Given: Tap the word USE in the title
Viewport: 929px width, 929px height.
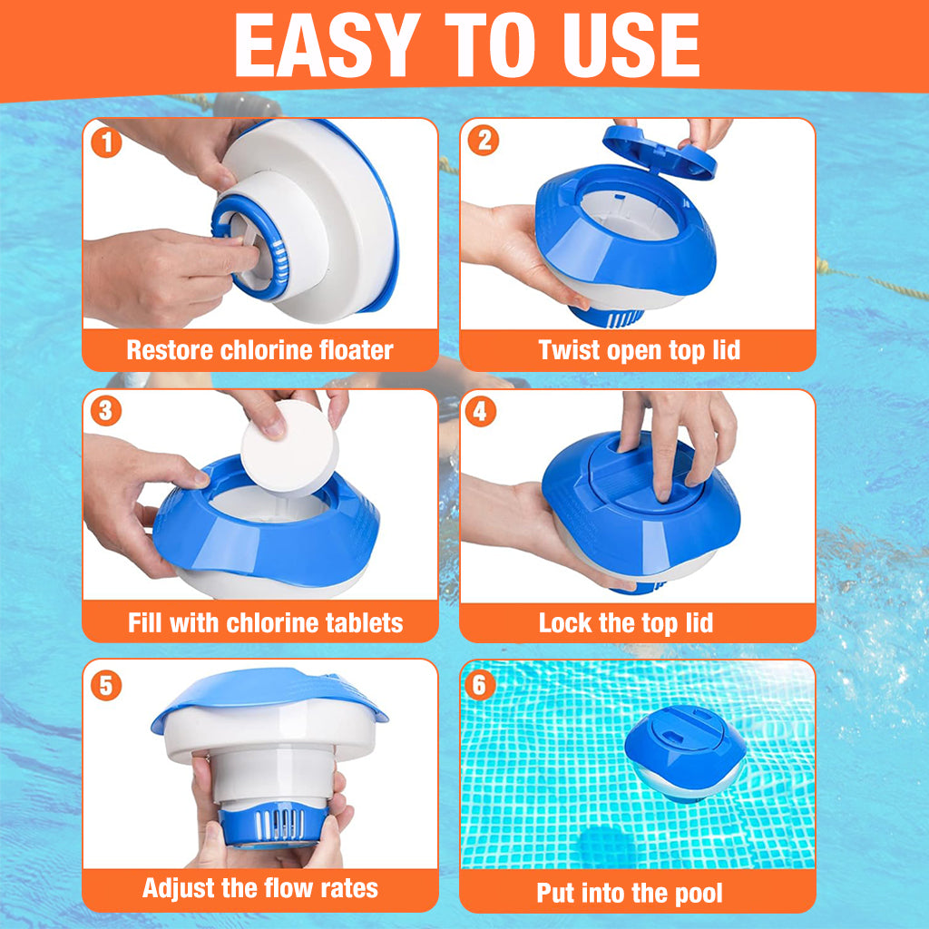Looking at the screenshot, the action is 631,45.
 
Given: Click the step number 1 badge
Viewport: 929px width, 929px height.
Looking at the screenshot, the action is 107,142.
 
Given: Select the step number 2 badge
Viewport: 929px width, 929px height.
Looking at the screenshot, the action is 484,141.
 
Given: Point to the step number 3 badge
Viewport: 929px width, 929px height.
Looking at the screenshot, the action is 106,411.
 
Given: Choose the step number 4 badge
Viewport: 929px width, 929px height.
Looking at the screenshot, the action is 481,411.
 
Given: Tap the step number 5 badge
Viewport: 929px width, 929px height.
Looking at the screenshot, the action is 106,685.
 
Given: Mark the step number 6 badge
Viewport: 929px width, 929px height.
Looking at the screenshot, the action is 480,685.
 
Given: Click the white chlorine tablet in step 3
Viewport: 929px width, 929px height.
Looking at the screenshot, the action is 289,448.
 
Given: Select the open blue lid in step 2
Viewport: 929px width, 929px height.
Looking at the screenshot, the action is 660,152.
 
